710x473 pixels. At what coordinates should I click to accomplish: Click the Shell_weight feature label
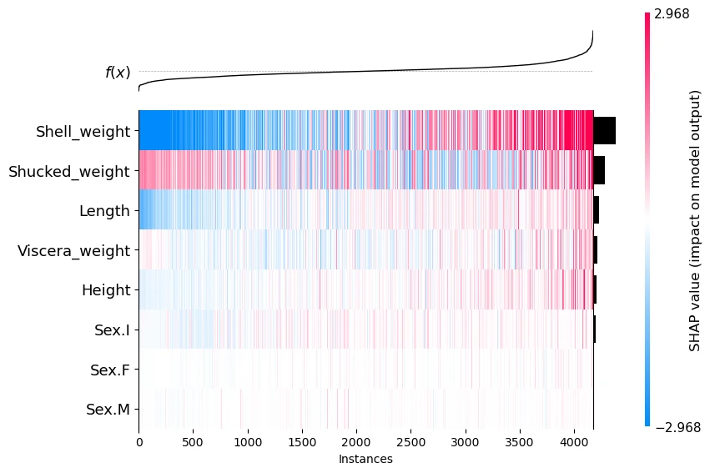83,131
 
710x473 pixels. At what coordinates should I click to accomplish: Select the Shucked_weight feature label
68,172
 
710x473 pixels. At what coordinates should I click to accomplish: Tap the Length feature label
104,211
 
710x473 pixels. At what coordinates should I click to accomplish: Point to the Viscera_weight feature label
73,250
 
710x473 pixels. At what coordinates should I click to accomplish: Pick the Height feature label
106,290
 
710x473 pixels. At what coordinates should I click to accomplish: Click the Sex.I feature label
112,330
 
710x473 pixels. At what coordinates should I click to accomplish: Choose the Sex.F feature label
110,370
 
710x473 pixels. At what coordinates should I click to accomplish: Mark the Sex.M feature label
108,409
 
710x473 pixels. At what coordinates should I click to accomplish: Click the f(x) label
118,73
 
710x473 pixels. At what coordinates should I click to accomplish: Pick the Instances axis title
365,459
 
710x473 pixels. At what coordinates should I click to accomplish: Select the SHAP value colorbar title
694,220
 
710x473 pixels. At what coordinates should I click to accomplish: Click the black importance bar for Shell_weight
604,131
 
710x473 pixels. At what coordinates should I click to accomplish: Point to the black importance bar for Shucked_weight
599,171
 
